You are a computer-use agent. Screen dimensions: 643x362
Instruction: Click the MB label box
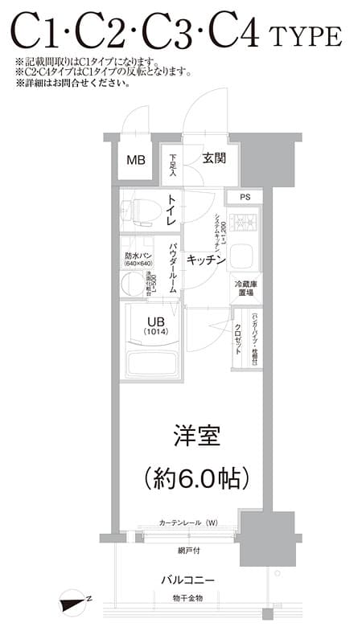pos(136,159)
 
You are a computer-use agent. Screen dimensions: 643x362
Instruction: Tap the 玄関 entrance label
pos(213,158)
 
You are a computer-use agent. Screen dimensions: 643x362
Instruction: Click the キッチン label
pos(205,260)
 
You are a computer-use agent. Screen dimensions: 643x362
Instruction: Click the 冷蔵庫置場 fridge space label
pos(245,289)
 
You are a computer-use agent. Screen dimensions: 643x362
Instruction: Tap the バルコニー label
pos(187,580)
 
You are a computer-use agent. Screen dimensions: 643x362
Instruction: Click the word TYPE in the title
pos(306,37)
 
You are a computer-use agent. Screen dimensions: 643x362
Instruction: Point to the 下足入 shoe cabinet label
pos(172,164)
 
